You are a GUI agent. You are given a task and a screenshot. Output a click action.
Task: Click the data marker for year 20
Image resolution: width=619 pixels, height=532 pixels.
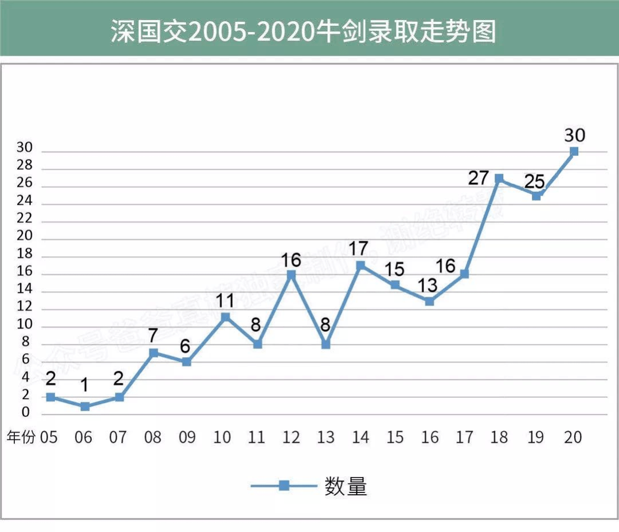point(574,151)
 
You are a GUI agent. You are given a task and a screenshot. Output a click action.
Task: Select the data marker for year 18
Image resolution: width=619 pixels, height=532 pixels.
point(499,178)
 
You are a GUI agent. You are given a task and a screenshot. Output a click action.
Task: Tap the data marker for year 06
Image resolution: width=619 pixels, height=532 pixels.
point(85,406)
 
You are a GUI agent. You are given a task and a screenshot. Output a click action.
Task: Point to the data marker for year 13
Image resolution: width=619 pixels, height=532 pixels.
point(326,345)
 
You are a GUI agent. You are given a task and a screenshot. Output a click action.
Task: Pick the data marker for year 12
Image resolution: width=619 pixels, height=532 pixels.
point(291,275)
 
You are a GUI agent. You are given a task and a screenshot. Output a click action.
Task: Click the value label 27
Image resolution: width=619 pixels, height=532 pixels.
point(477,178)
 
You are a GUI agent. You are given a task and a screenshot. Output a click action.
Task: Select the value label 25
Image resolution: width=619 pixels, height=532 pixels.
point(535,181)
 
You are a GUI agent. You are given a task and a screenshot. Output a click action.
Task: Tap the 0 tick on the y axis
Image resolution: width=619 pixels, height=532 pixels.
point(26,413)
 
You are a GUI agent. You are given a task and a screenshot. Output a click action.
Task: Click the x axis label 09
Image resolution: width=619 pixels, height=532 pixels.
point(187,437)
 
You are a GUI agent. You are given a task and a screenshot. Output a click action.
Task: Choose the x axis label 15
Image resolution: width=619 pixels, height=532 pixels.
point(394,437)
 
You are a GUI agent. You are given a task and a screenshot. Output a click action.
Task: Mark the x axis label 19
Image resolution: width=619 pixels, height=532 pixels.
point(535,437)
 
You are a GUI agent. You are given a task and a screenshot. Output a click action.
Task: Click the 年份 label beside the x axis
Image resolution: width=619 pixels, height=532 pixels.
point(21,437)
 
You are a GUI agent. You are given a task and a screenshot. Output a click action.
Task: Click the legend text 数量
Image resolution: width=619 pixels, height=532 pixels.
point(345,486)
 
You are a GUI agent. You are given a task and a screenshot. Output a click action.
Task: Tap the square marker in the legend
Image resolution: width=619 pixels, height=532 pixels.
point(284,486)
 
